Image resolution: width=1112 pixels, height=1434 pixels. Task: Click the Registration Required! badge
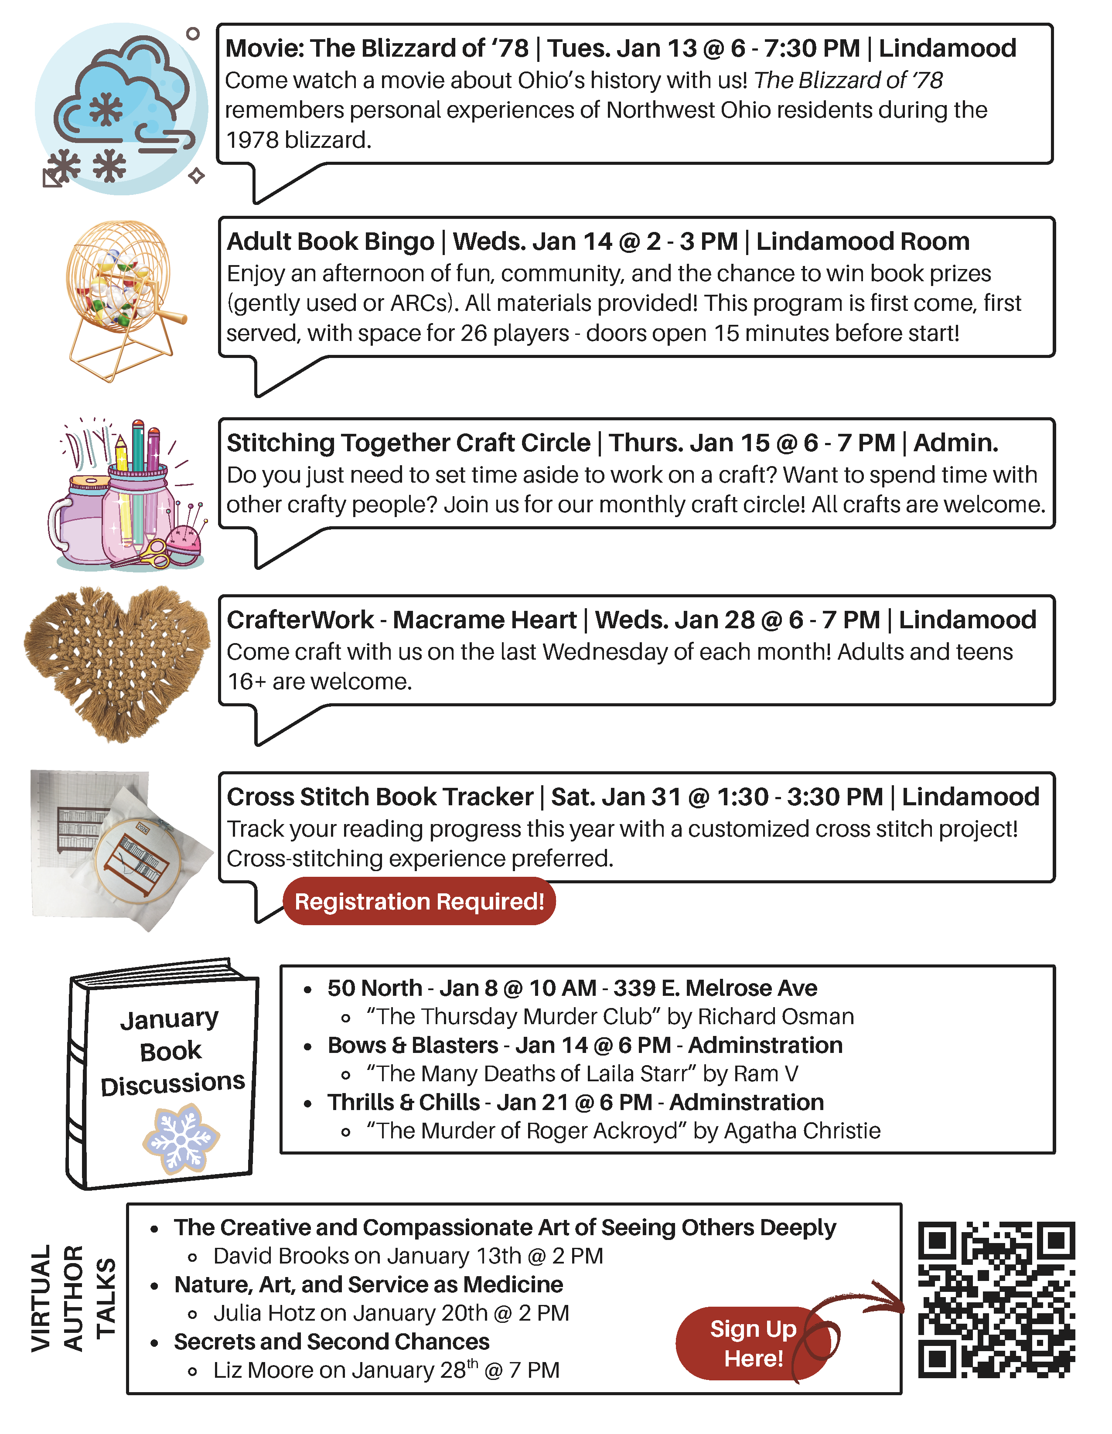click(x=419, y=902)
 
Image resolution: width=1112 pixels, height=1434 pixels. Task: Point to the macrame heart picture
click(x=117, y=663)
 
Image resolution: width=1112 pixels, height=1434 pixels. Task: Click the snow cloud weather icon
click(x=122, y=108)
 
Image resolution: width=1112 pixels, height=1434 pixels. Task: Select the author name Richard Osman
click(x=776, y=1016)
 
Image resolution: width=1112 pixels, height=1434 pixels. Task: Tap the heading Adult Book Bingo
click(x=331, y=242)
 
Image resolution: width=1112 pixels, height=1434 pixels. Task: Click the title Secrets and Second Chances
click(x=332, y=1342)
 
